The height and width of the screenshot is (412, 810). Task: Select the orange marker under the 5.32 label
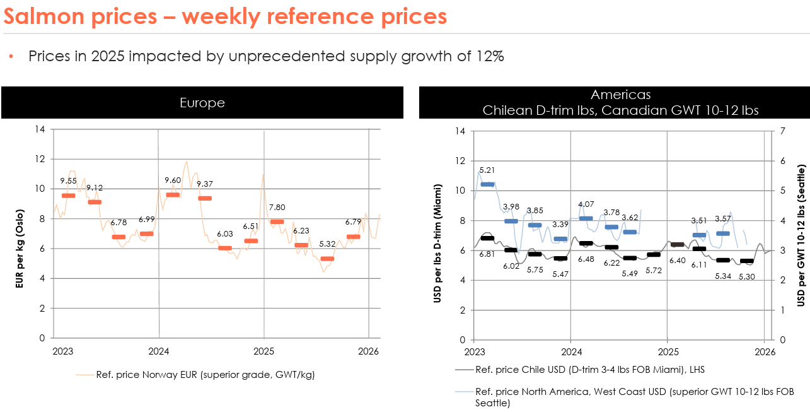[327, 259]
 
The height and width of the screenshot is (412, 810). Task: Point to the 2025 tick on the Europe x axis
[263, 351]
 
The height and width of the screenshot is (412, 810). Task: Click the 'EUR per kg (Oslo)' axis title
[20, 234]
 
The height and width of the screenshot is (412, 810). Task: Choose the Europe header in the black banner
[202, 103]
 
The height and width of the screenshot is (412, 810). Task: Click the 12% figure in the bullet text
[489, 56]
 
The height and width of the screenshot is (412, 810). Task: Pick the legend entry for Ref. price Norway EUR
[205, 375]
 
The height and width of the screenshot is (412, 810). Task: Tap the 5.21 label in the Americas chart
[487, 170]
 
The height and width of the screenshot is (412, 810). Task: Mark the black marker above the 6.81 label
[487, 238]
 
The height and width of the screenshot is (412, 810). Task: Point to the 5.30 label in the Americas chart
[747, 276]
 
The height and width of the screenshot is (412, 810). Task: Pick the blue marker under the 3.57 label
[722, 233]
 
